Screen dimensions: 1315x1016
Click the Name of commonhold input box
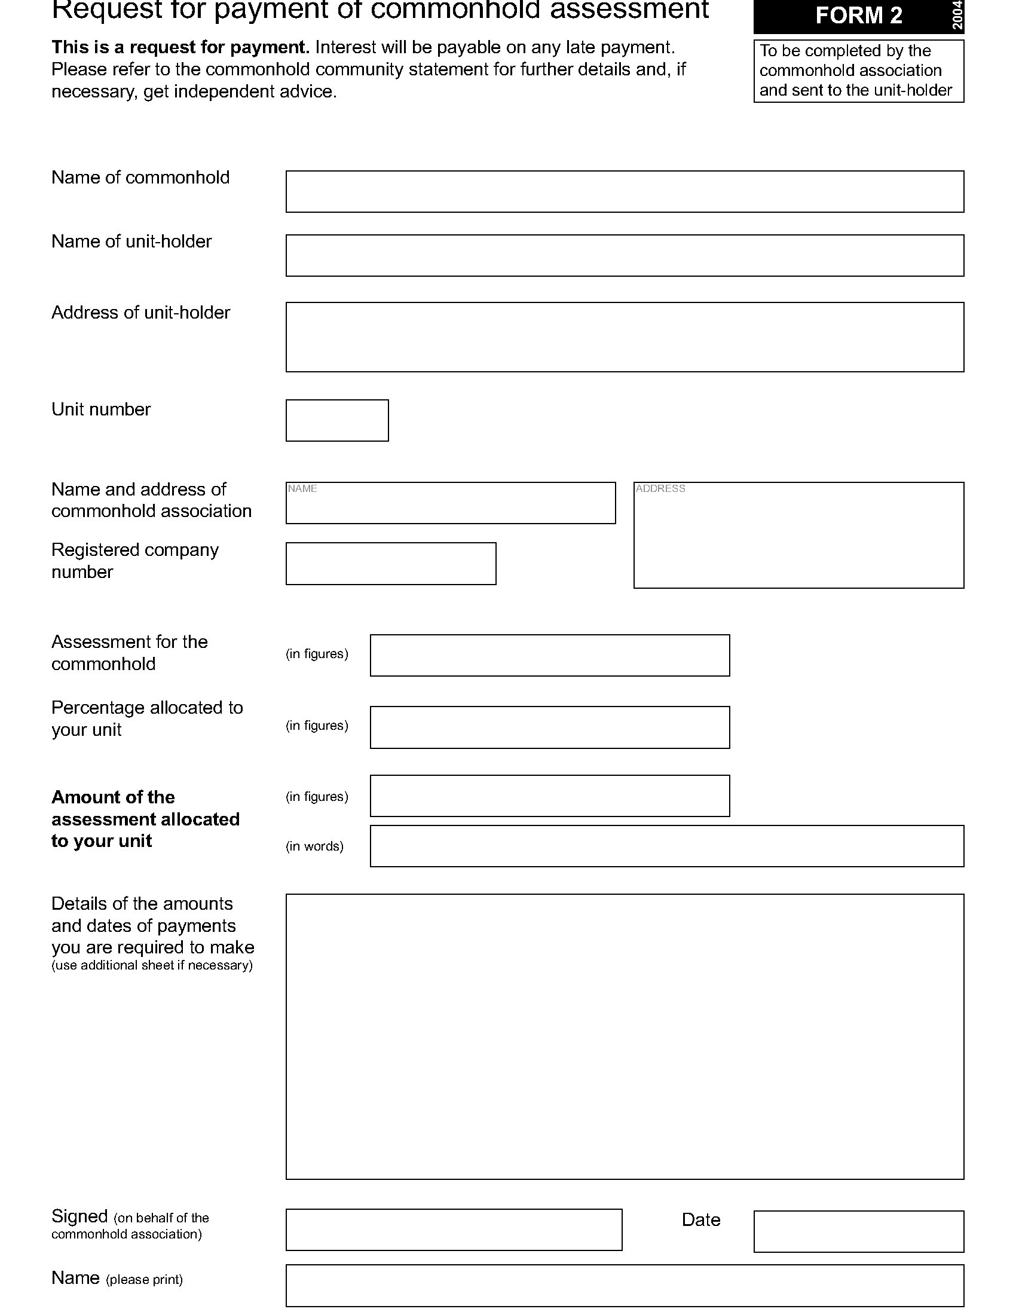(x=624, y=191)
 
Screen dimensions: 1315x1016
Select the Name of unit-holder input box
(x=624, y=255)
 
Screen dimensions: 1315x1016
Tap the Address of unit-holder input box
(x=624, y=337)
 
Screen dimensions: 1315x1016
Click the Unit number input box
(x=336, y=420)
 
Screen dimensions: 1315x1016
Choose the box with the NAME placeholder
(x=450, y=503)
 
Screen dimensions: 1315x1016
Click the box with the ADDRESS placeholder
(x=798, y=536)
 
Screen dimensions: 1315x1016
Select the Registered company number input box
(x=391, y=564)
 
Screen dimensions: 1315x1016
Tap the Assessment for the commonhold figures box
(x=549, y=655)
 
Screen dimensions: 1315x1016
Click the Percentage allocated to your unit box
(x=549, y=727)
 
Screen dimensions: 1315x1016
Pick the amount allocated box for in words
(x=666, y=846)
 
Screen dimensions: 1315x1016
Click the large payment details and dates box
(x=624, y=1036)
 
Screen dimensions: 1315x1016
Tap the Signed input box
(x=453, y=1230)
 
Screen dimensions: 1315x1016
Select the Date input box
(x=858, y=1231)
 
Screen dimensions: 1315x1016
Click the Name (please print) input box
(x=624, y=1286)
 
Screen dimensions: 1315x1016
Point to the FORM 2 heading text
(x=858, y=16)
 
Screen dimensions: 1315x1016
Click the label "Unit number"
(x=101, y=409)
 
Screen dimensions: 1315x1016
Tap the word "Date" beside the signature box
(x=700, y=1220)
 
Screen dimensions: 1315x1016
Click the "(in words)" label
(x=314, y=846)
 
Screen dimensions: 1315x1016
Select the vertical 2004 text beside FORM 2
(x=957, y=16)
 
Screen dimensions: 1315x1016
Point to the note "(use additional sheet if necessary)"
(x=152, y=965)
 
